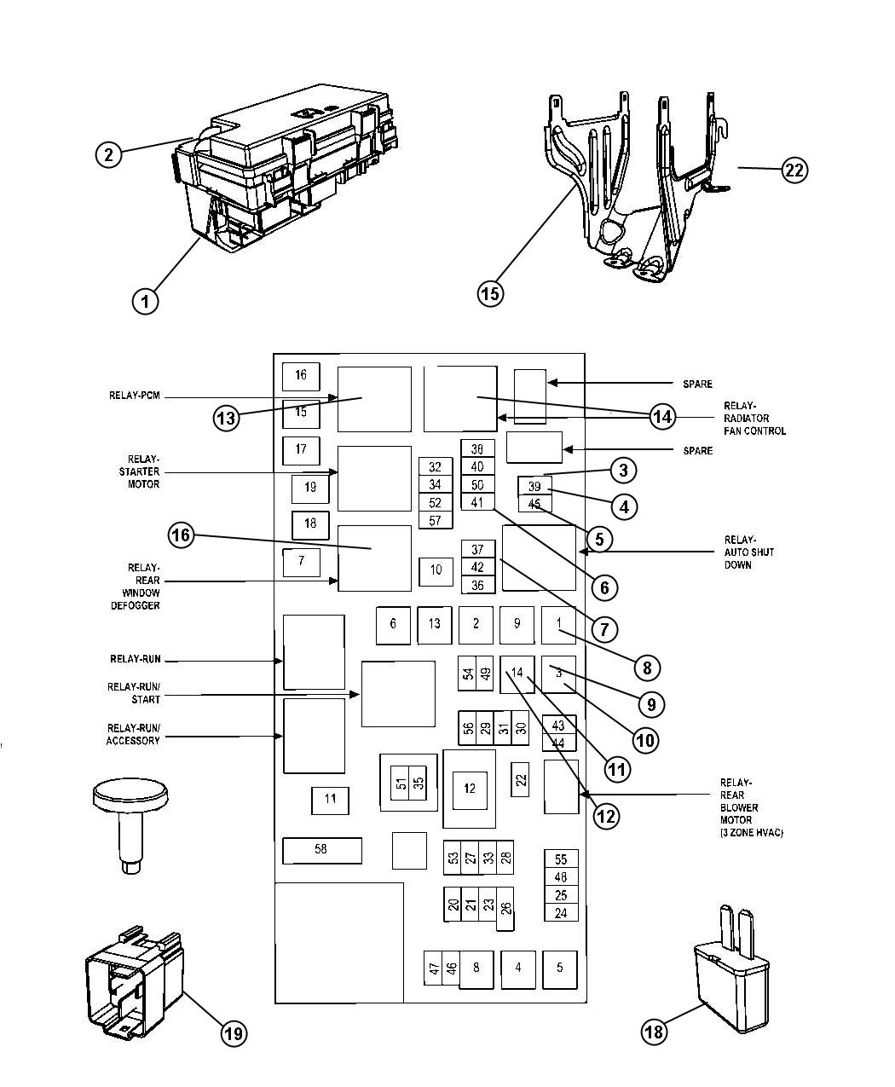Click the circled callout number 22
[794, 170]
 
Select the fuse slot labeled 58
[321, 850]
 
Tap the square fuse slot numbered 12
[470, 789]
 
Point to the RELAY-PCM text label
[134, 396]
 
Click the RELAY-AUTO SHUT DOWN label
[738, 552]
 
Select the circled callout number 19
[234, 1033]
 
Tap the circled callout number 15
[489, 293]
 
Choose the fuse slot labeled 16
[301, 376]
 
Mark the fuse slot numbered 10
[436, 570]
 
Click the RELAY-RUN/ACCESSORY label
[133, 735]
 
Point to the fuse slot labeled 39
[534, 487]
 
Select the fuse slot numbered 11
[330, 800]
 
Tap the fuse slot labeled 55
[561, 859]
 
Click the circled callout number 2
[107, 154]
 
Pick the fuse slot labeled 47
[434, 968]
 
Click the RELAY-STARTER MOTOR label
[139, 472]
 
